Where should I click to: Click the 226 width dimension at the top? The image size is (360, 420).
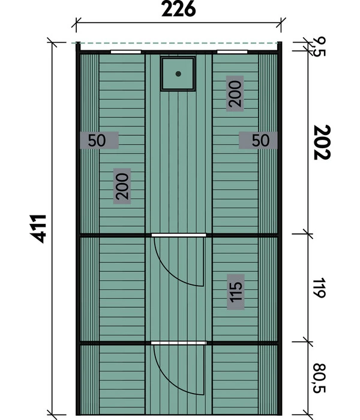[179, 10]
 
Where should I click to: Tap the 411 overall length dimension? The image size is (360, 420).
[38, 229]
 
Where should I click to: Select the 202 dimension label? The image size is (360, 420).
[322, 142]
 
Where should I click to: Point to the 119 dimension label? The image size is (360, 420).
[319, 287]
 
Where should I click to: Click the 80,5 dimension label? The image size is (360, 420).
[319, 378]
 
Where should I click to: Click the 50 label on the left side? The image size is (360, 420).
[97, 140]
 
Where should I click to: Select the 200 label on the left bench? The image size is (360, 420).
[122, 186]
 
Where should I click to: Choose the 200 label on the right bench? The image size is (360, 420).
[235, 94]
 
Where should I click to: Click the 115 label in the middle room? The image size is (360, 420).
[236, 292]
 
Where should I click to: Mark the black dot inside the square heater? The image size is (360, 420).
[178, 74]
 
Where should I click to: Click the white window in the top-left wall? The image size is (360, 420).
[126, 52]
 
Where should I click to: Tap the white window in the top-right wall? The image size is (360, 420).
[232, 52]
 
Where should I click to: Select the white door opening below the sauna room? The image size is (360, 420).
[179, 235]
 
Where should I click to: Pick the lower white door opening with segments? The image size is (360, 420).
[179, 343]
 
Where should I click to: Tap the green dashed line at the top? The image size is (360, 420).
[177, 43]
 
